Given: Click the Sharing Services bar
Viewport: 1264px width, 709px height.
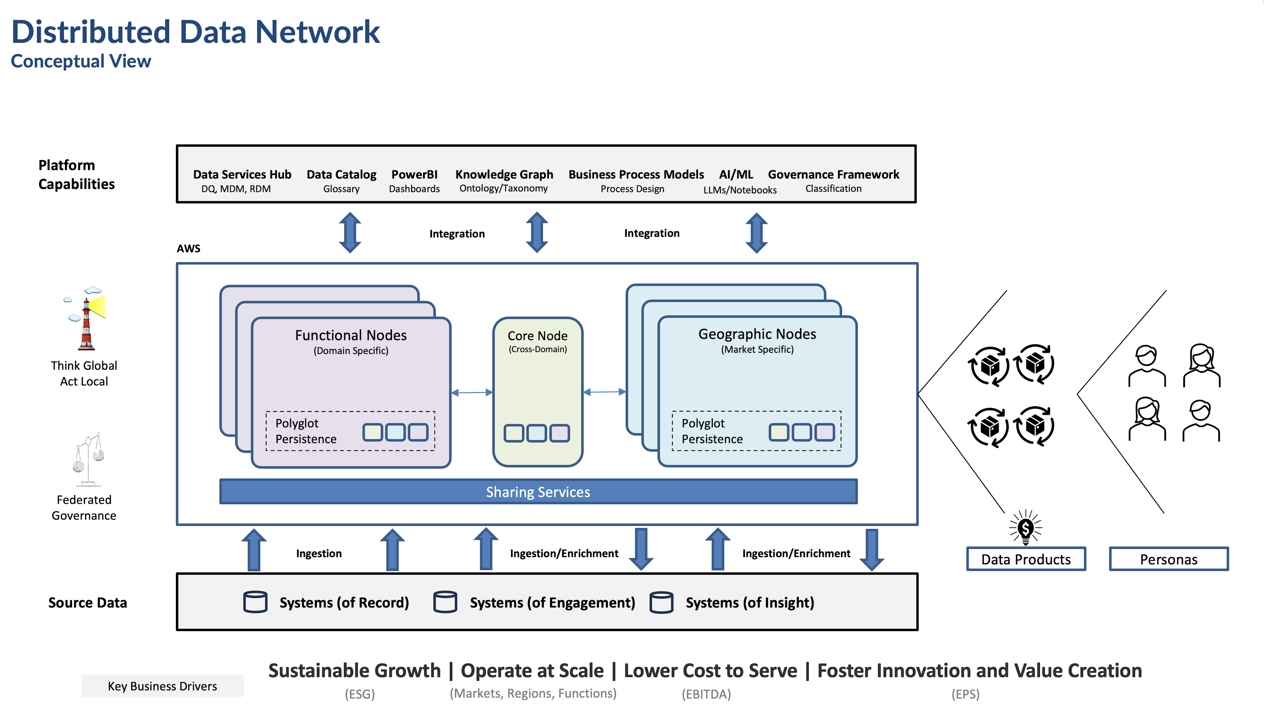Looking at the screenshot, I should [x=538, y=492].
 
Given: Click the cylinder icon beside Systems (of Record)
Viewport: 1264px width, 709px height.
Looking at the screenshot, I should [x=255, y=602].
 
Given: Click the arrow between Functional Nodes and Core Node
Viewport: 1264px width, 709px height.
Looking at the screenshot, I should [x=472, y=392].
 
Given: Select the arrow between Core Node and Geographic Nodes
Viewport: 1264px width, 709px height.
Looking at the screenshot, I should [x=604, y=392].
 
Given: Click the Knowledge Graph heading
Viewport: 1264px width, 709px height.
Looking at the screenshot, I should [x=504, y=175].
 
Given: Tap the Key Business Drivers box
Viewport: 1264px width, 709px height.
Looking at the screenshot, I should [x=162, y=686].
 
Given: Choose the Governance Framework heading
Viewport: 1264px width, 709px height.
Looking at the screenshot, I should [x=833, y=175].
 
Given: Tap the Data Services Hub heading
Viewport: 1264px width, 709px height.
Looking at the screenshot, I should [x=242, y=175].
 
